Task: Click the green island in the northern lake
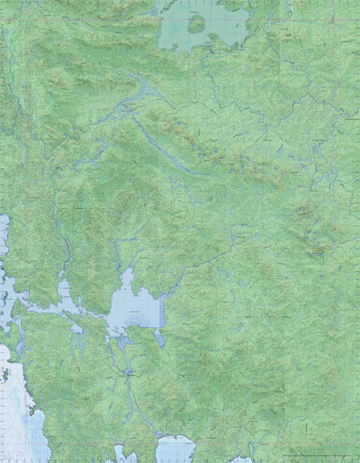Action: tap(196, 23)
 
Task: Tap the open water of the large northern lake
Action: tap(225, 31)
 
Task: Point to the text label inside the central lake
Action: tap(132, 312)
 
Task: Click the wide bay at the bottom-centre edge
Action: tap(175, 449)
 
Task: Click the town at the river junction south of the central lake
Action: tap(130, 369)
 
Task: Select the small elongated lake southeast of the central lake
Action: tap(159, 339)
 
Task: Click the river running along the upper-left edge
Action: tap(7, 99)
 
